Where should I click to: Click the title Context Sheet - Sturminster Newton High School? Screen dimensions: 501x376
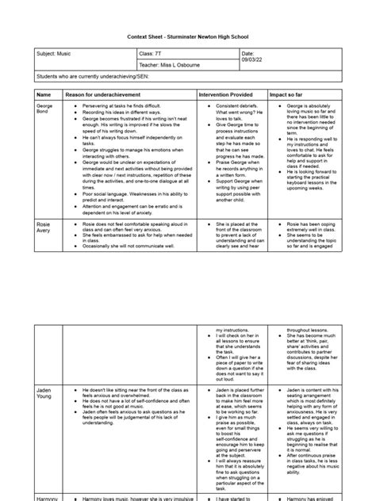click(x=187, y=36)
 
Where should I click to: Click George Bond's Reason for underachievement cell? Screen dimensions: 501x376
click(x=127, y=159)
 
